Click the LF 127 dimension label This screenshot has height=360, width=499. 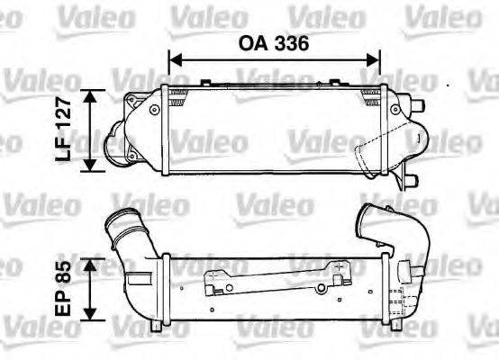point(64,130)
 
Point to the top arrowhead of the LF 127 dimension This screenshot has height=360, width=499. point(90,94)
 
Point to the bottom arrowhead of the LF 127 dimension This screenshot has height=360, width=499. point(90,166)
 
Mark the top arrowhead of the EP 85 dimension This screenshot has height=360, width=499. point(90,263)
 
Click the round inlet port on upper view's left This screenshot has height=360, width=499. point(110,144)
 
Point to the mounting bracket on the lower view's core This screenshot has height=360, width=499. point(270,281)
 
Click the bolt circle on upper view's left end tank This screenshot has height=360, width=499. point(162,107)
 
